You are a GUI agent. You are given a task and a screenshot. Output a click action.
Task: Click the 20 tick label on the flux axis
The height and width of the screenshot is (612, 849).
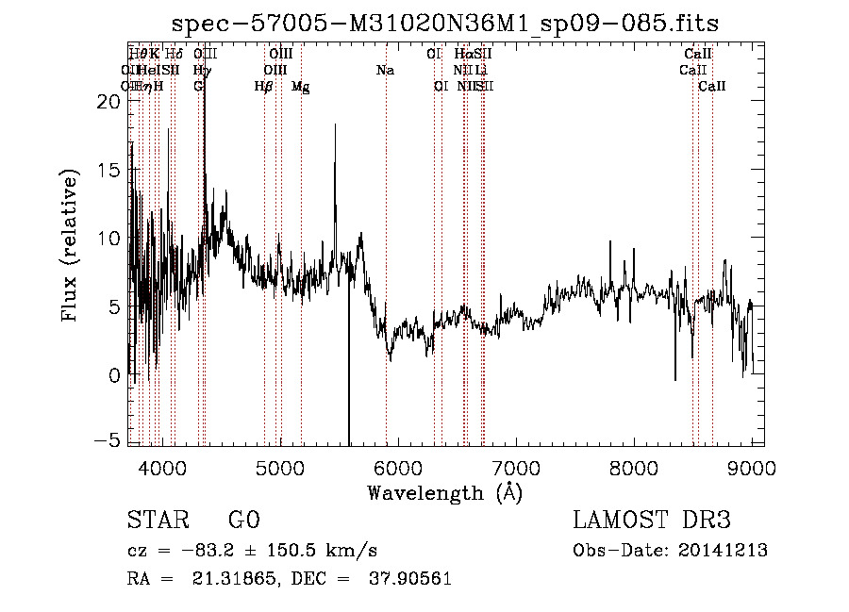(108, 102)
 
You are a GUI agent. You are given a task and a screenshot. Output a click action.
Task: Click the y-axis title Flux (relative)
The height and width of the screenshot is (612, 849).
(70, 245)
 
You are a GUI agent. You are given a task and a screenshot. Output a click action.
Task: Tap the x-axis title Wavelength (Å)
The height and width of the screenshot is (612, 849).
(444, 492)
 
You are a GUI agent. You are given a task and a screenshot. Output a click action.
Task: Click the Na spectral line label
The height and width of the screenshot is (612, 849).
(385, 70)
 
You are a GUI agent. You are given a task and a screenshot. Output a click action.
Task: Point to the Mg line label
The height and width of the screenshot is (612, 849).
(300, 86)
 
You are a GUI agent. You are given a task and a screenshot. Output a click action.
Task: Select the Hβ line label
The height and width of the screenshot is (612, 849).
(264, 86)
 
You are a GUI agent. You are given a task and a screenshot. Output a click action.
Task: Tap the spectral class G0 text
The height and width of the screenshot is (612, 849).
(244, 521)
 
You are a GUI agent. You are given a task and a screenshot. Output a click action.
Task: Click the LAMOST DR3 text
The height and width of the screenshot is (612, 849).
(652, 521)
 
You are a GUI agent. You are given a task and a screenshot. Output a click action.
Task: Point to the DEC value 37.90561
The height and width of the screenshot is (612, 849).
(408, 579)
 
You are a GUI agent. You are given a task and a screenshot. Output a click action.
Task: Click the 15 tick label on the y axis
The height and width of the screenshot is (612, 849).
(108, 170)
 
